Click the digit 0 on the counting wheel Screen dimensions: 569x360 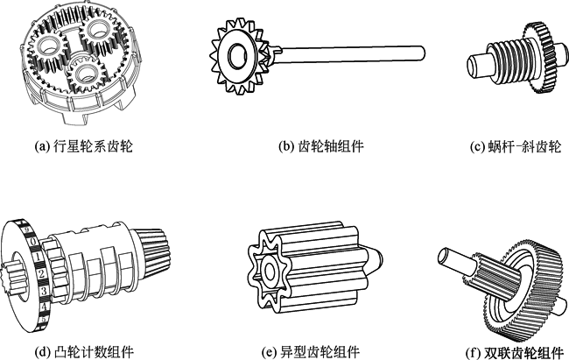pos(33,241)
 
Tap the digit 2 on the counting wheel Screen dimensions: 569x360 pos(41,273)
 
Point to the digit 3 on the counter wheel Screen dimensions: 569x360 pos(44,290)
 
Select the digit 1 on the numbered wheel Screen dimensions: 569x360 pos(38,257)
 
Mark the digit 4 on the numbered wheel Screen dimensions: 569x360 pos(44,307)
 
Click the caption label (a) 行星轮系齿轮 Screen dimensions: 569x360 pos(83,146)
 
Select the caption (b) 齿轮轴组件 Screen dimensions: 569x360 pos(321,146)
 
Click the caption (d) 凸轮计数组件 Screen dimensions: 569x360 pos(84,351)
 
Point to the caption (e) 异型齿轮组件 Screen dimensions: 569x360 pos(311,351)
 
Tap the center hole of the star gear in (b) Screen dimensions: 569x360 pos(237,55)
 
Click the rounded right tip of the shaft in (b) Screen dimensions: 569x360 pos(422,53)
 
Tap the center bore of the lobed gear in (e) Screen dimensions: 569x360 pos(270,271)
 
